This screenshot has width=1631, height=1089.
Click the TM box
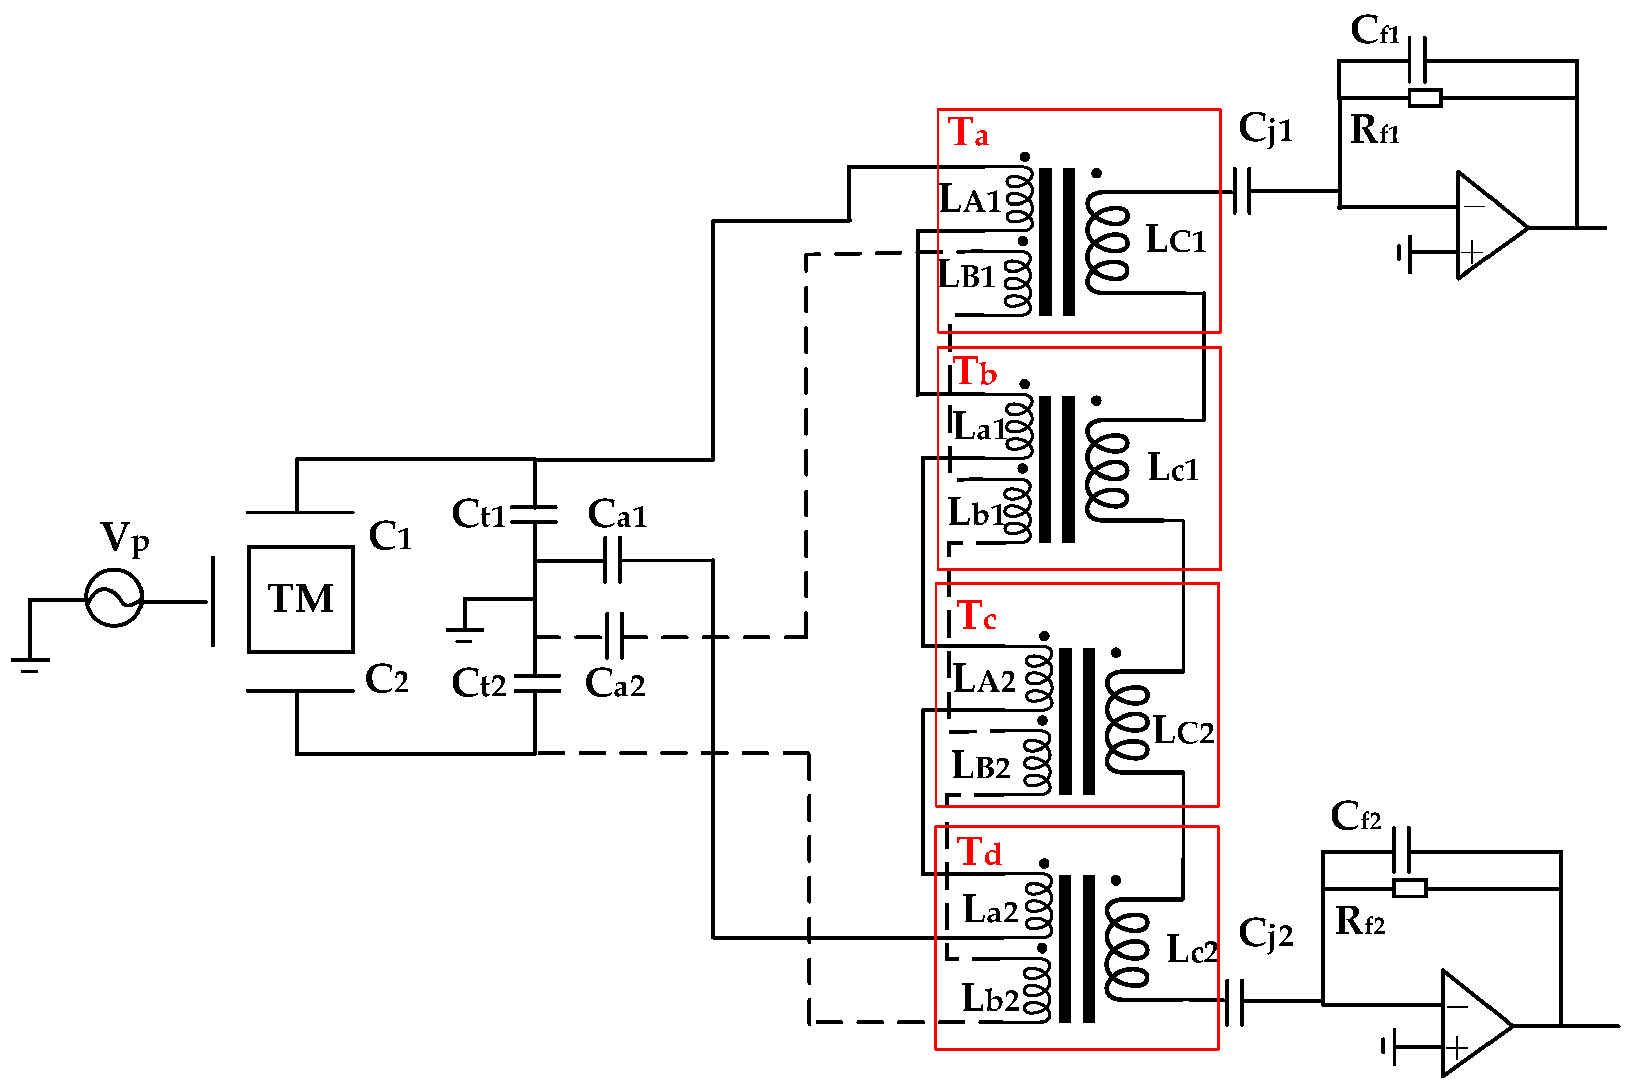point(301,599)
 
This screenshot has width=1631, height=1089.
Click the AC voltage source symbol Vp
point(114,598)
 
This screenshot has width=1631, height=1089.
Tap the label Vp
point(124,538)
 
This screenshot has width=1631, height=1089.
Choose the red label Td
point(978,852)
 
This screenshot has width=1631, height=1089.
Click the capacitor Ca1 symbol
point(612,560)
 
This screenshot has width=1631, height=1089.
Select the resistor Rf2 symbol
point(1409,889)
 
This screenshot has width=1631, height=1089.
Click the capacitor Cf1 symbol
point(1417,61)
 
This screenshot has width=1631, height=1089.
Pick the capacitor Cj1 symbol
point(1242,191)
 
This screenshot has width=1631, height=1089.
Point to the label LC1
point(1175,240)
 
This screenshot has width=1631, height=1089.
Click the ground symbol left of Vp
point(30,664)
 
